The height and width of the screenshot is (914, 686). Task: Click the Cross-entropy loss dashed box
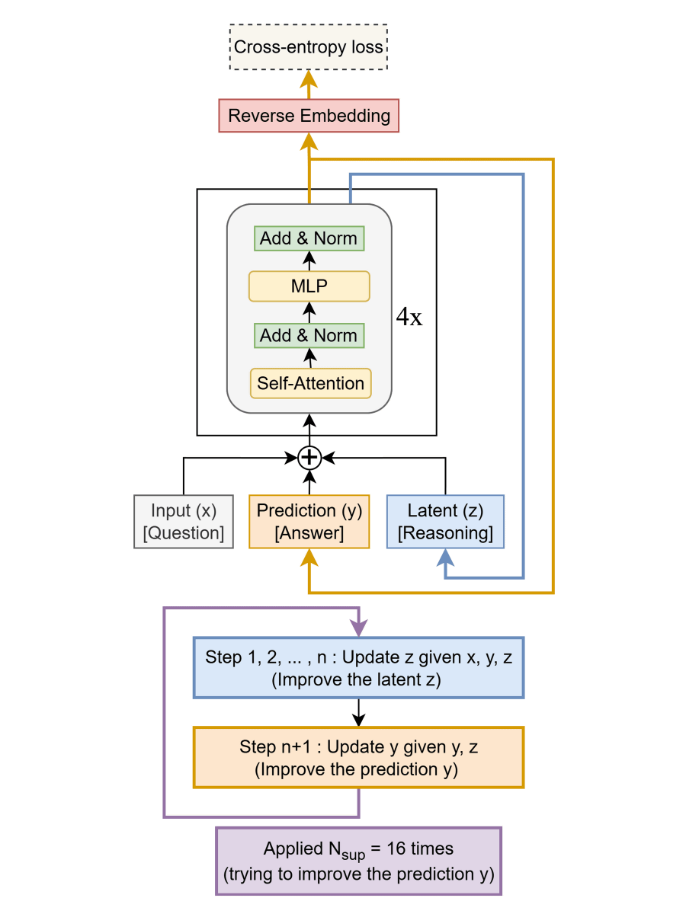point(309,48)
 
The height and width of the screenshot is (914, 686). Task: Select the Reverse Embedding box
point(309,116)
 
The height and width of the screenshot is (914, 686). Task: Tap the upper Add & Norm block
point(309,238)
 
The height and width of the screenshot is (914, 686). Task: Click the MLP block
point(309,286)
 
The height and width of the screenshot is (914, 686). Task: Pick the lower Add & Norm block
point(309,335)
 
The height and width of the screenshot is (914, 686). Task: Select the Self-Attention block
point(310,383)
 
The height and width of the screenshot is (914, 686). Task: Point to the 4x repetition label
point(409,318)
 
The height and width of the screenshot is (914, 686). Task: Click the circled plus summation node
point(309,457)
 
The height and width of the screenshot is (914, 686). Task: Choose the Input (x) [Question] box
point(184,522)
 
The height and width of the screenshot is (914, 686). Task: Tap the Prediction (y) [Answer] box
point(309,522)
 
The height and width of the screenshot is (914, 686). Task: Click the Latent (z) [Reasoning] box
point(445,522)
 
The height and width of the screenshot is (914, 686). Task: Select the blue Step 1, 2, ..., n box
point(359,668)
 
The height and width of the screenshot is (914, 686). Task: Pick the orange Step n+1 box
point(359,758)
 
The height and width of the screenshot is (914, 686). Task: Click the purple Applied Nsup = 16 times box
point(359,861)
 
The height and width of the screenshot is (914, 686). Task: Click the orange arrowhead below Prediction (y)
point(309,558)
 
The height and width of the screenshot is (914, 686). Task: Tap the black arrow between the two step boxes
point(358,713)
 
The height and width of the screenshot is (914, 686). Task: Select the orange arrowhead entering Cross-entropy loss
point(309,79)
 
